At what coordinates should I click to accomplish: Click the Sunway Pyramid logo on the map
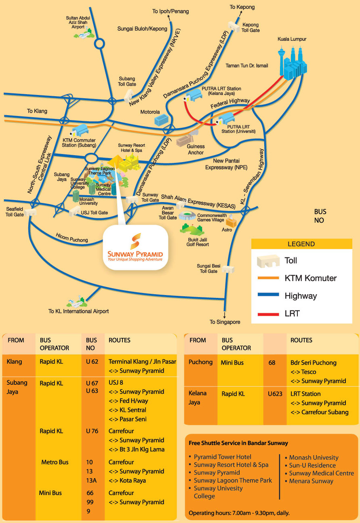coord(135,247)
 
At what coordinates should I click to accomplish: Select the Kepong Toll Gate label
coord(251,27)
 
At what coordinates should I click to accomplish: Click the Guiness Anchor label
coord(196,150)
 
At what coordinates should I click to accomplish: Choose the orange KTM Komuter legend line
coord(265,278)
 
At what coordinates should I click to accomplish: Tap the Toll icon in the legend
coord(268,261)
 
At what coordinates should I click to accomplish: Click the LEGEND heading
coord(301,244)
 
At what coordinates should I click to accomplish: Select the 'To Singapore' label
coord(225,322)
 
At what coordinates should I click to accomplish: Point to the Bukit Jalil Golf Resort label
coord(197,242)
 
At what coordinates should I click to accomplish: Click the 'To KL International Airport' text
coord(78,311)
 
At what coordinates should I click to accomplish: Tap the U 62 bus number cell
coord(92,362)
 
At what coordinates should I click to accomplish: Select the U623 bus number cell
coord(275,394)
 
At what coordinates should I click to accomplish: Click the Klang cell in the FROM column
coord(14,362)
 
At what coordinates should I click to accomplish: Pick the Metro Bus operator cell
coord(55,462)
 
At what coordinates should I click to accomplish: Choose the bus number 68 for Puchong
coord(272,363)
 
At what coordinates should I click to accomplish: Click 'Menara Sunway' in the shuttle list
coord(311,481)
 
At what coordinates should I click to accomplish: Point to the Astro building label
coord(227,230)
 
